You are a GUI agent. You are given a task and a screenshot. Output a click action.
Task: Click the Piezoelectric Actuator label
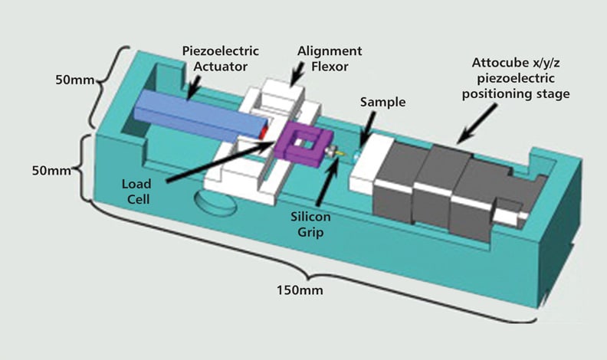221,59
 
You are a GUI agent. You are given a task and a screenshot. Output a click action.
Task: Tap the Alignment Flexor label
330,59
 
